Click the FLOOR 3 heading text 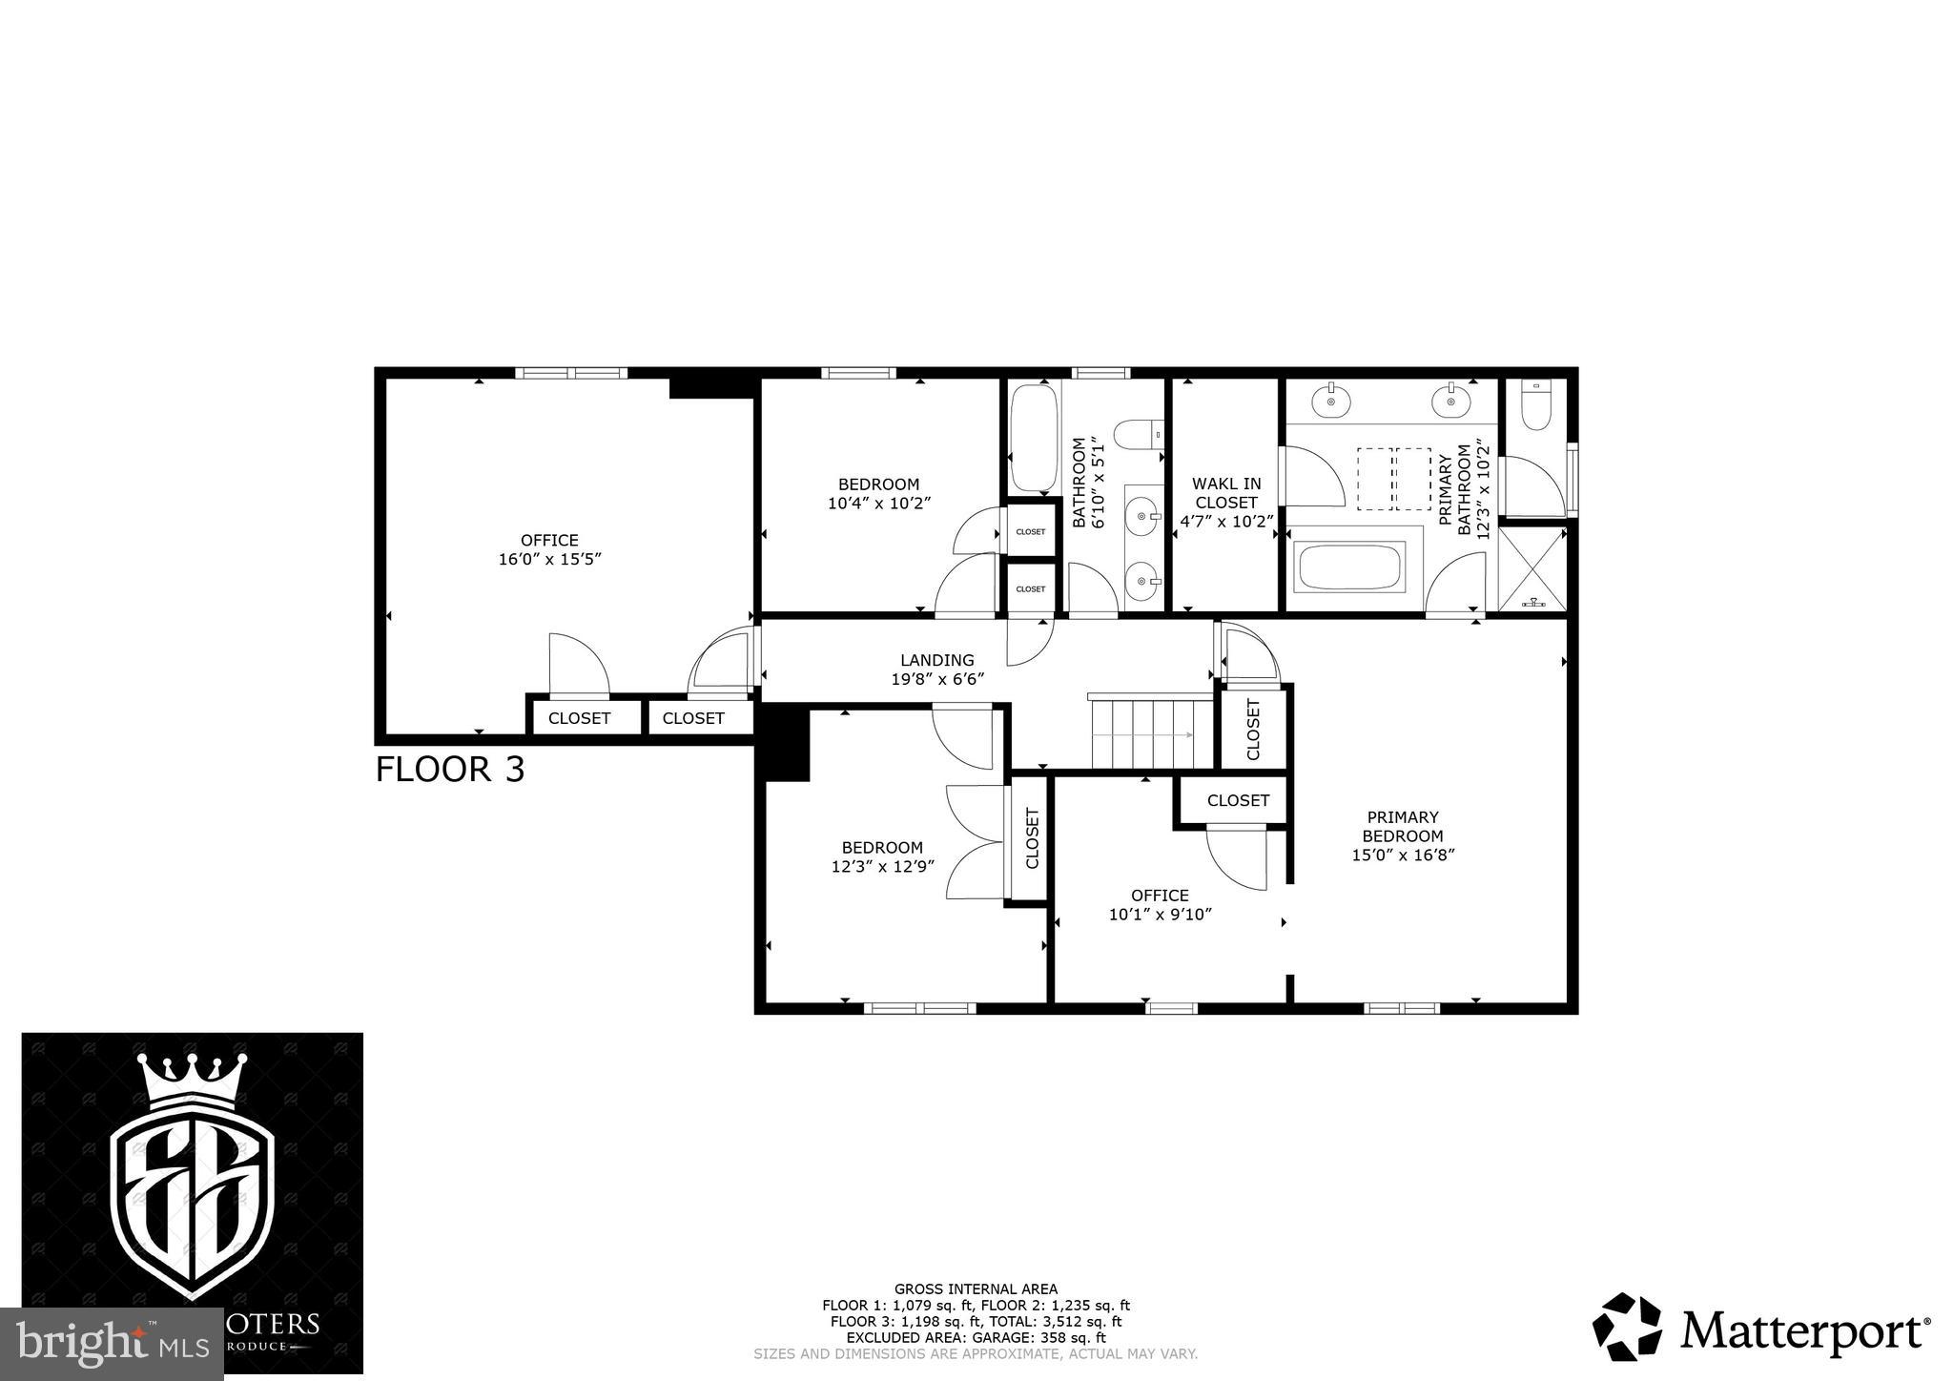click(x=449, y=769)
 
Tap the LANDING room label click(x=937, y=660)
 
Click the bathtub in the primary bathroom click(x=1351, y=567)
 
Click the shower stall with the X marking click(x=1532, y=567)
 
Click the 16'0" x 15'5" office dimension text click(x=549, y=560)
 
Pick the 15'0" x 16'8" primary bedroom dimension click(x=1402, y=855)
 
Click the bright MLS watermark click(x=112, y=1345)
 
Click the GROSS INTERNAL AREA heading click(x=976, y=1288)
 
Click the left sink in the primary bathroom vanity click(x=1330, y=401)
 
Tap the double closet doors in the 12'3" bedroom click(x=975, y=841)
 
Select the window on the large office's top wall click(x=570, y=373)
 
